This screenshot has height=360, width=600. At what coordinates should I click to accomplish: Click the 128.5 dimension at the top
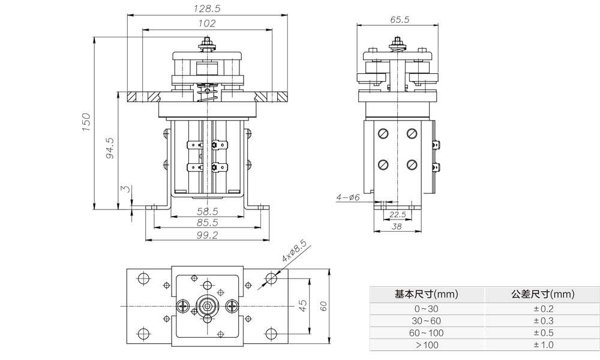coord(207,10)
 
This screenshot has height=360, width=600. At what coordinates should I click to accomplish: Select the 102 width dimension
coord(207,23)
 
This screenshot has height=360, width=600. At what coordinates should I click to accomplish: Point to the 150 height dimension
coord(86,122)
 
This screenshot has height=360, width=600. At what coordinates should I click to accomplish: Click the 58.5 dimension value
coord(207,212)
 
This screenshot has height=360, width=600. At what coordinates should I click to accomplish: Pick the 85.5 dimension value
coord(207,223)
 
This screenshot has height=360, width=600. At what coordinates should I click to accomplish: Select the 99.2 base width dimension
coord(207,235)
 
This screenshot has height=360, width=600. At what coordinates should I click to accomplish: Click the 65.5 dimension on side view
coord(400,19)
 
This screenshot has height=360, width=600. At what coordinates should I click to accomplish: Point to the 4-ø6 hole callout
coord(347,197)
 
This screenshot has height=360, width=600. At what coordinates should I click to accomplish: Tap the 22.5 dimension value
coord(397,214)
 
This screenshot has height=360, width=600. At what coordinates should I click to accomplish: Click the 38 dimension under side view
coord(397,226)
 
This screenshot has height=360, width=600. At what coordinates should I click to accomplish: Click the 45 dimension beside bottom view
coord(304,305)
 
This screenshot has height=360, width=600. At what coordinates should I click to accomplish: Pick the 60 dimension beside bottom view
coord(323,305)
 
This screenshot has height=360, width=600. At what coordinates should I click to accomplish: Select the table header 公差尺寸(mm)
coord(543,295)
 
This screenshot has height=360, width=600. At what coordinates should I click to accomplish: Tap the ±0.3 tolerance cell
coord(543,321)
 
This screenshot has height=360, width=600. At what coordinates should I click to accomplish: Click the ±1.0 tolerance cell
coord(543,345)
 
